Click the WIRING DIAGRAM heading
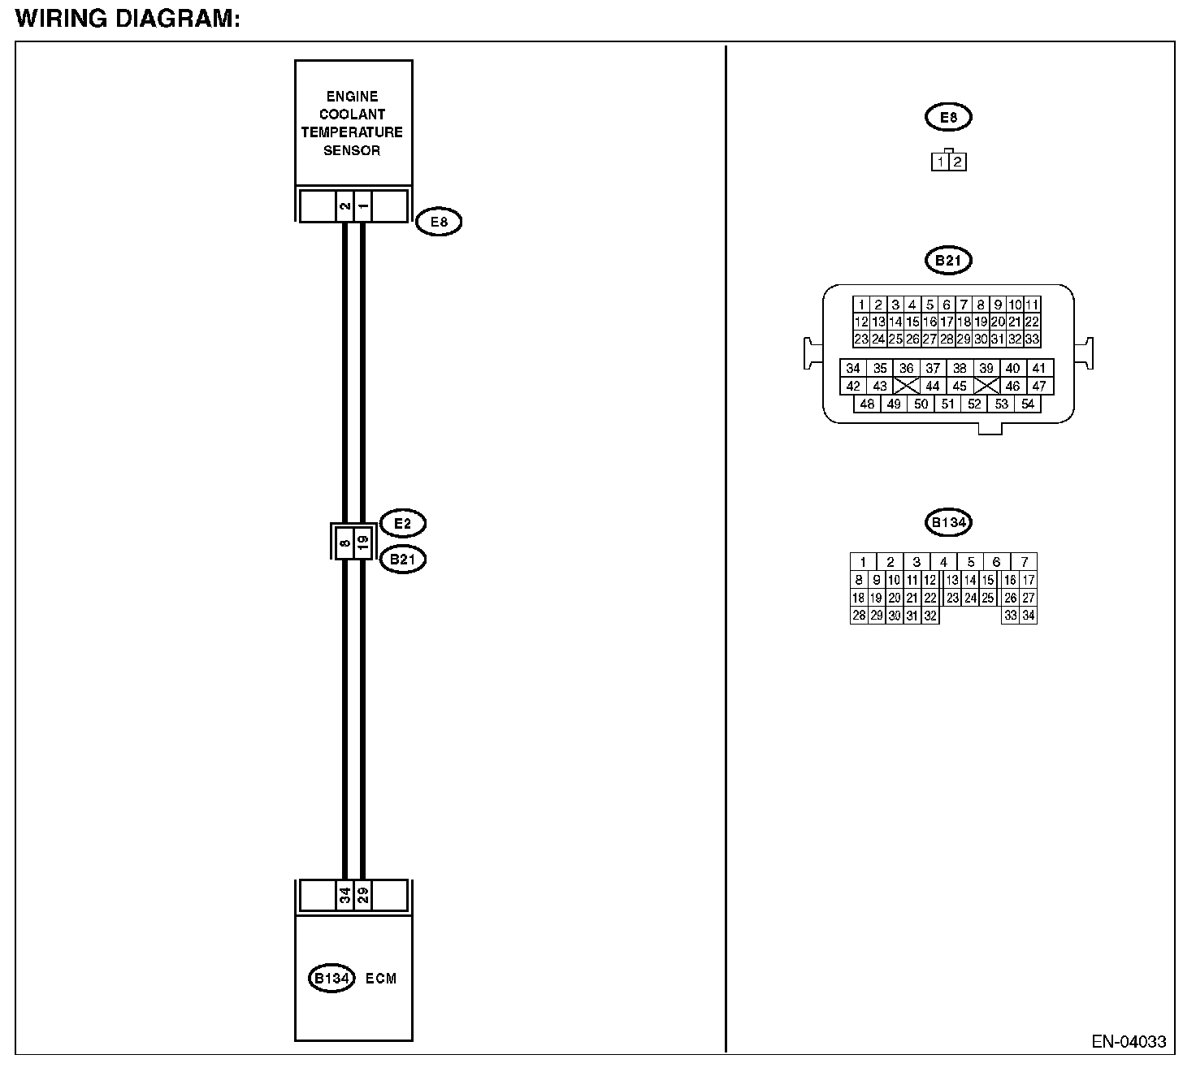pyautogui.click(x=128, y=19)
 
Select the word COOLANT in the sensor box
pyautogui.click(x=352, y=114)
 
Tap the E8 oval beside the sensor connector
pyautogui.click(x=439, y=222)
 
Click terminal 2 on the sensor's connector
pyautogui.click(x=344, y=206)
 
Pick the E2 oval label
pyautogui.click(x=403, y=523)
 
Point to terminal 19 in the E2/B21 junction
pyautogui.click(x=363, y=540)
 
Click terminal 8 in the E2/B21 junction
pyautogui.click(x=344, y=540)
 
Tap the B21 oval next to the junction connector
pyautogui.click(x=403, y=559)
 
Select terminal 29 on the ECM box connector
pyautogui.click(x=363, y=895)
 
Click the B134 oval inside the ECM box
pyautogui.click(x=331, y=978)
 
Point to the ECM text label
pyautogui.click(x=381, y=978)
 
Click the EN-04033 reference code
pyautogui.click(x=1129, y=1041)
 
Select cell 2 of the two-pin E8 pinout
pyautogui.click(x=957, y=162)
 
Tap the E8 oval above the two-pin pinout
pyautogui.click(x=948, y=117)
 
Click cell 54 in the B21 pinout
pyautogui.click(x=1028, y=404)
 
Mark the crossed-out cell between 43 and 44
pyautogui.click(x=906, y=386)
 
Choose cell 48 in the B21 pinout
pyautogui.click(x=867, y=404)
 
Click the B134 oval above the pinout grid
pyautogui.click(x=948, y=522)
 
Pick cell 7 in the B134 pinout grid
pyautogui.click(x=1025, y=562)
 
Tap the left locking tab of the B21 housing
pyautogui.click(x=812, y=353)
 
